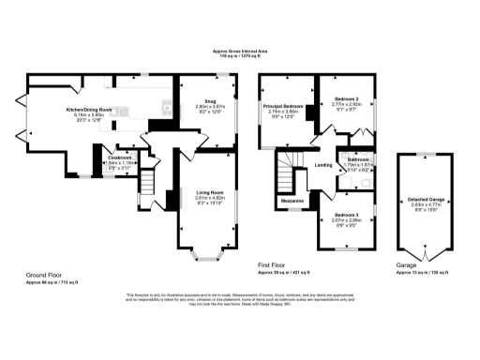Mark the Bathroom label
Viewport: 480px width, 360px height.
(358, 159)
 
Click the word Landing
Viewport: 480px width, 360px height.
(323, 166)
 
